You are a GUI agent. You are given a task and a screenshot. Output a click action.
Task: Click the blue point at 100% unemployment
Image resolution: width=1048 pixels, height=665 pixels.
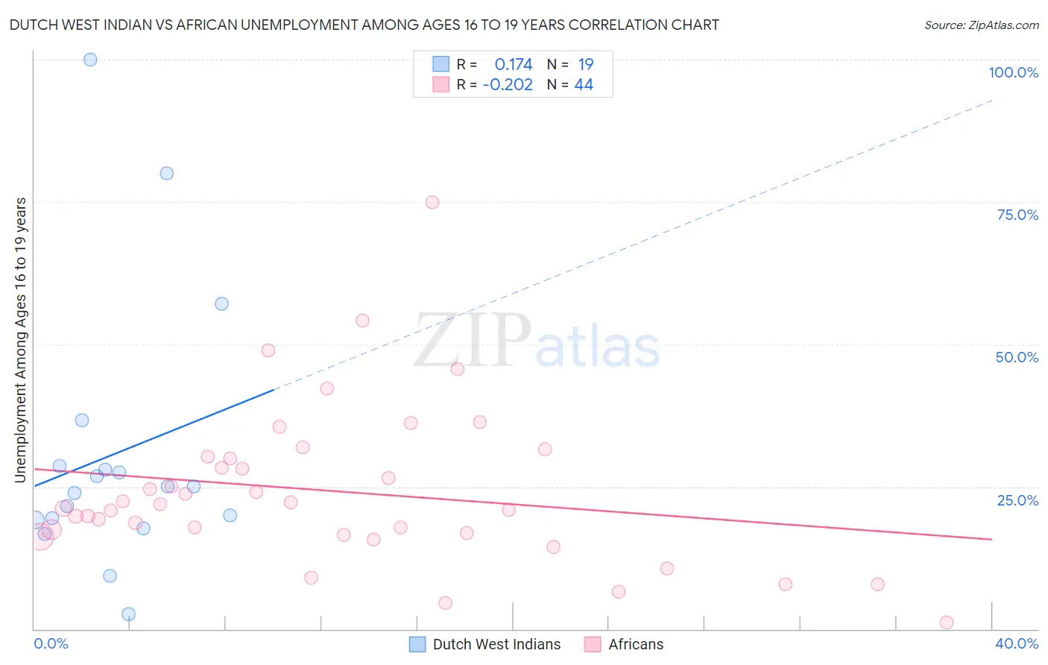point(90,60)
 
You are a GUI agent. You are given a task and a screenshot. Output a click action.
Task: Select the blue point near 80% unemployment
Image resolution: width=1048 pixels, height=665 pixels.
point(166,173)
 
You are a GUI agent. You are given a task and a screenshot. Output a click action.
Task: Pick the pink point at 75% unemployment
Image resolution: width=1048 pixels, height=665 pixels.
point(432,202)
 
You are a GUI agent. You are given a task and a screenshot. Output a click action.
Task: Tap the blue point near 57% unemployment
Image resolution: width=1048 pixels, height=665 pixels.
point(221,303)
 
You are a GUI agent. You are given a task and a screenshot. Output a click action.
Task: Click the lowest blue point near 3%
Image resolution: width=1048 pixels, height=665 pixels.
point(128,614)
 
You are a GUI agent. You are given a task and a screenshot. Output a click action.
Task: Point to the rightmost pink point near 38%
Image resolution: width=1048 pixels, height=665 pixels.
point(947,623)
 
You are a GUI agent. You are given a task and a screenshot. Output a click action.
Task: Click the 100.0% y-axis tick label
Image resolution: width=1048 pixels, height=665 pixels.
point(1013,72)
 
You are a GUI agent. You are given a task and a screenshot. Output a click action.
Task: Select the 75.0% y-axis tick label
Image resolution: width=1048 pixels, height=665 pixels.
point(1017,215)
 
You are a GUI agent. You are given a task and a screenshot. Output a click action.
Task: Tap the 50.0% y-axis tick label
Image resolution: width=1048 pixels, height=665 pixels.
point(1017,357)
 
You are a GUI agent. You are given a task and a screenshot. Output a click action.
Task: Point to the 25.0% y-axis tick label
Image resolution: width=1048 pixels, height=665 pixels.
point(1017,500)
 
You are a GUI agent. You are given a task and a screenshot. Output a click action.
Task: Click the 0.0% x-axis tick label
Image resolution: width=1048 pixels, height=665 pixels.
point(51,643)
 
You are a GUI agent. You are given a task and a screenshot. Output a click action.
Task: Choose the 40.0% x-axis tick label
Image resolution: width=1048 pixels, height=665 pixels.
point(1017,643)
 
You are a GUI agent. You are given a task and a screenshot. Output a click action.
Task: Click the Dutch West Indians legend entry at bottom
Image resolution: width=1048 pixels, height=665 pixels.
point(496,644)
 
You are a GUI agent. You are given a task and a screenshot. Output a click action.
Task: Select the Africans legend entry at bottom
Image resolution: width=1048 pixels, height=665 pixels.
point(635,644)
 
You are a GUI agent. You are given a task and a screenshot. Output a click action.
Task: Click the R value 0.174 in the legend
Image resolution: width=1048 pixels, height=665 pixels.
point(514,64)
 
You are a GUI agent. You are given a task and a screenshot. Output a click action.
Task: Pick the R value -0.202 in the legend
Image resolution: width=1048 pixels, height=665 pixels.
point(508,85)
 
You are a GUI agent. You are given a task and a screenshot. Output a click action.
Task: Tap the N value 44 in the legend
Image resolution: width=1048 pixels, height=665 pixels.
point(584,85)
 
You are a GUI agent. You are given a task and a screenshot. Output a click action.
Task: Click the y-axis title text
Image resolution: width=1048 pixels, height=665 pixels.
point(21,340)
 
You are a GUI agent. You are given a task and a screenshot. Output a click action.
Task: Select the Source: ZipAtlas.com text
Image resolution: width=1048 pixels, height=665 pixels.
point(981,25)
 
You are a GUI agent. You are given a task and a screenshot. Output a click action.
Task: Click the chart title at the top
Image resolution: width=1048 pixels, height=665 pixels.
point(364,25)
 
